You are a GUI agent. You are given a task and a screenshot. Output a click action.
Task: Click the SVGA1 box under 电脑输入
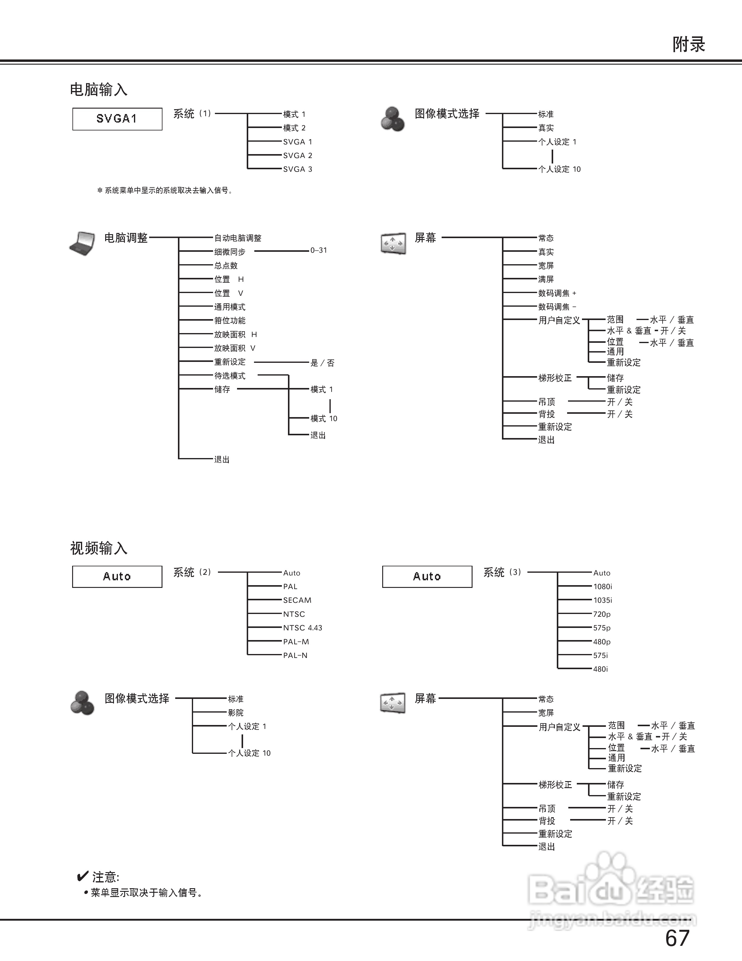117,119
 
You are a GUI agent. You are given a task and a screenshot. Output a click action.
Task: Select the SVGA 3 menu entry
298,169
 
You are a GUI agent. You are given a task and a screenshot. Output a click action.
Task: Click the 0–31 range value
319,250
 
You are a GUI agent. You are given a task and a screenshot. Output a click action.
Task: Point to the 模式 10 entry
324,418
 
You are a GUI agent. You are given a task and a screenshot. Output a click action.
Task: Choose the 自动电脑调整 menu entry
238,238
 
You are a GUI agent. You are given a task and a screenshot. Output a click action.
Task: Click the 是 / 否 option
323,363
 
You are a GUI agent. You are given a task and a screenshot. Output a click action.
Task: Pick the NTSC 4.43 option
302,628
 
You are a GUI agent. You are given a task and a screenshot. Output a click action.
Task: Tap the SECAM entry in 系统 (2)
297,600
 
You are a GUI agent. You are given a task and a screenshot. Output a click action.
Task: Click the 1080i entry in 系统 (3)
603,587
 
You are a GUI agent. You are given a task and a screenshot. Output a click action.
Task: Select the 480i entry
600,669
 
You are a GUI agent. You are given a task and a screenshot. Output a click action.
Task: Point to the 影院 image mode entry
236,713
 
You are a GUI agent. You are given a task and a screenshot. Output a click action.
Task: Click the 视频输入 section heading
99,548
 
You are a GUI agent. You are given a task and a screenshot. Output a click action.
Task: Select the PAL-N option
296,655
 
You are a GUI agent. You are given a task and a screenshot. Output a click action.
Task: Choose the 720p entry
602,614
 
